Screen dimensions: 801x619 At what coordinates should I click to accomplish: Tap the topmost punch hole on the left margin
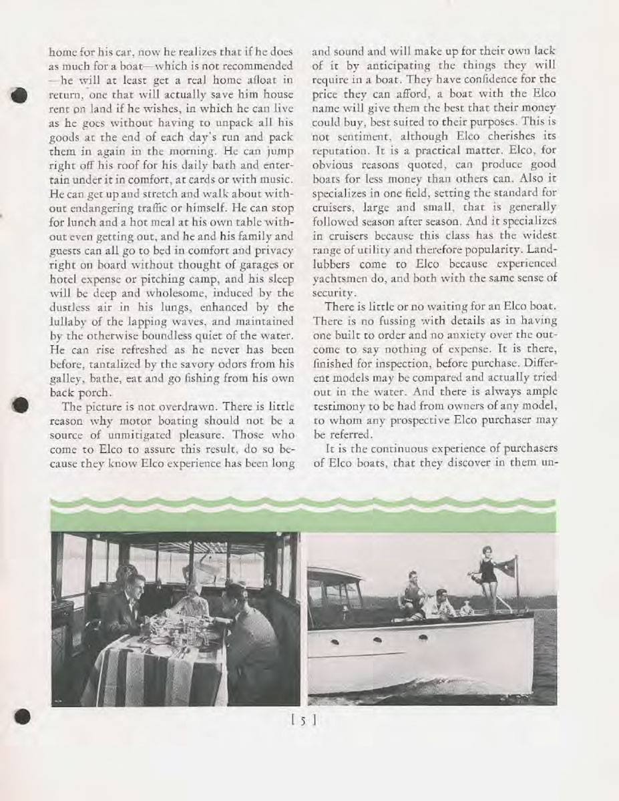pos(21,94)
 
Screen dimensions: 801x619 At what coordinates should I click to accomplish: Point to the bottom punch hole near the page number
pos(22,716)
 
